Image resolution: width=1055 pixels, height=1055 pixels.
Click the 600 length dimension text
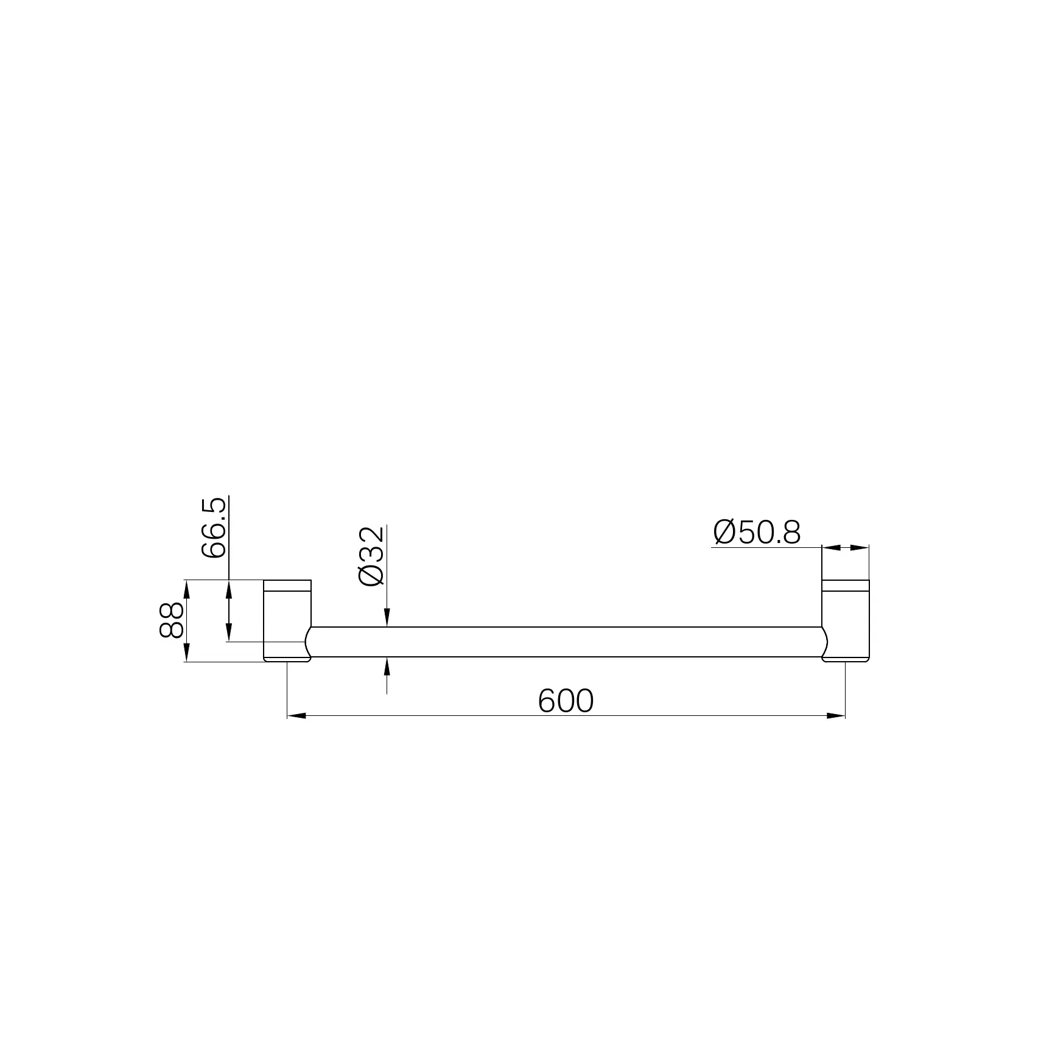tap(566, 701)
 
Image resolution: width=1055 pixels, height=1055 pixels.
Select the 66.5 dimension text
tap(214, 528)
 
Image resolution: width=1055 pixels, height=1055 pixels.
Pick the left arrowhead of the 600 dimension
tap(296, 716)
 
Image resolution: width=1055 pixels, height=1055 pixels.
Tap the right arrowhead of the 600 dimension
tap(836, 716)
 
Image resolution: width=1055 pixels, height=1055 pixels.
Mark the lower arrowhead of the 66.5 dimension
tap(229, 633)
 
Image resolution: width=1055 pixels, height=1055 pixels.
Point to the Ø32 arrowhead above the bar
tap(387, 619)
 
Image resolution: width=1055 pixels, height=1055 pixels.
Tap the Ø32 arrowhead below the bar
tap(387, 665)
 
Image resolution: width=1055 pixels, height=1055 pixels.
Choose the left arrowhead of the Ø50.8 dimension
tap(830, 548)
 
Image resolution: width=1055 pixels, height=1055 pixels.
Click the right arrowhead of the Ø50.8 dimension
tap(860, 548)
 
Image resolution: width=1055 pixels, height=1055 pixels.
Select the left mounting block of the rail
tap(286, 620)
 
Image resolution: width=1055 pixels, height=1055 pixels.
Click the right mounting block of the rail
tap(846, 620)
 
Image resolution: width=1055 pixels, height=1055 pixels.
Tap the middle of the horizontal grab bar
tap(566, 642)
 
